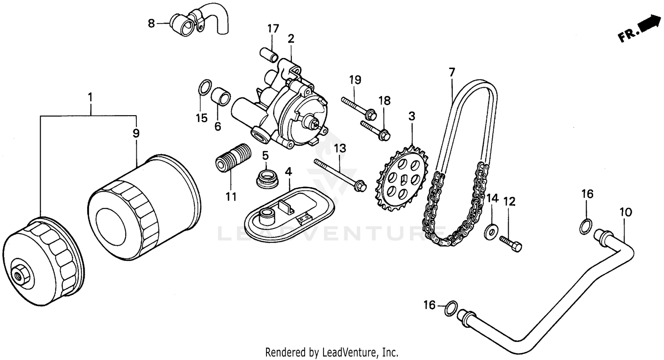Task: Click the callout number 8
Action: (151, 23)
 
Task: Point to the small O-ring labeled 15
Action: (203, 87)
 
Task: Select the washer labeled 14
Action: (491, 232)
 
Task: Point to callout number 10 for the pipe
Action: (625, 212)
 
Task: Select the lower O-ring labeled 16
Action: (451, 308)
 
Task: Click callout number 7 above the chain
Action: (452, 72)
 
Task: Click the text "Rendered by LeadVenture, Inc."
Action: (332, 352)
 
